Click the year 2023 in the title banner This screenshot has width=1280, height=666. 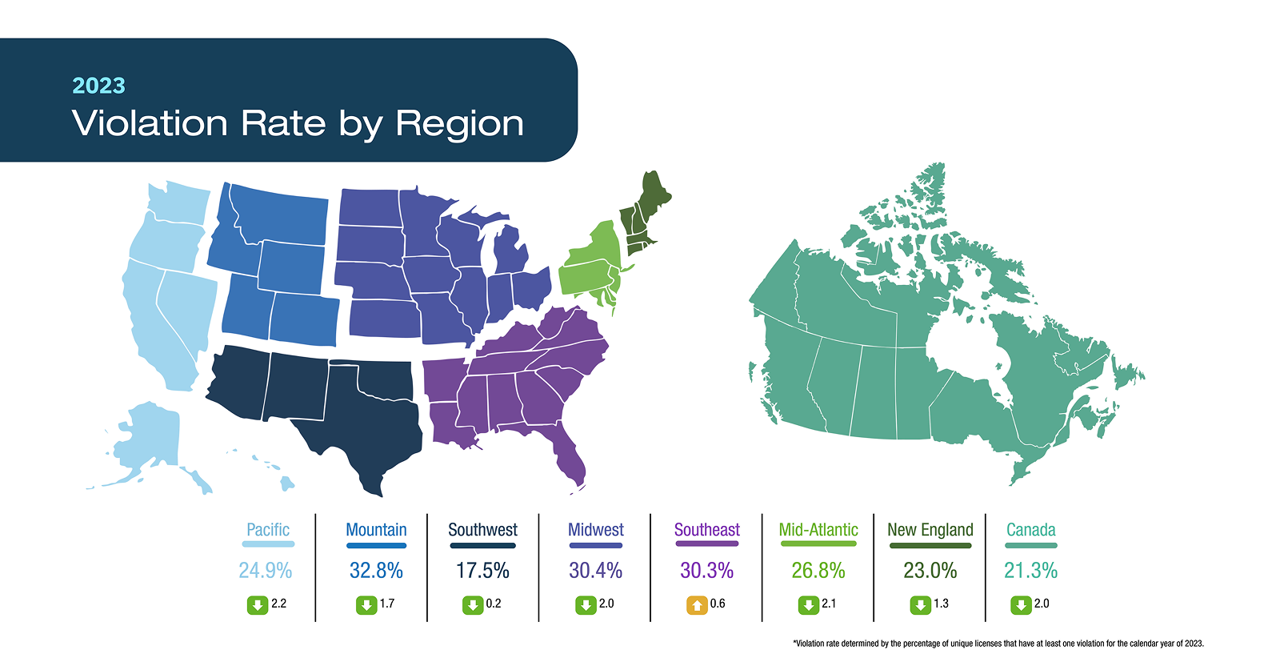[98, 86]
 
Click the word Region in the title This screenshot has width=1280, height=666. [459, 123]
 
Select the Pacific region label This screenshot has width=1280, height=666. [268, 530]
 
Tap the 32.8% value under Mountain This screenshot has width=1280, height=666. [376, 571]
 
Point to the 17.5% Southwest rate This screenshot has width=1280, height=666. [482, 571]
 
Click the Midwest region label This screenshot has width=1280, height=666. [595, 530]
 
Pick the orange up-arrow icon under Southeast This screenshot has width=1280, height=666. [697, 605]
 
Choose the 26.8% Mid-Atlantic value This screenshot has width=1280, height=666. [818, 571]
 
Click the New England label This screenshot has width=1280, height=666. [930, 530]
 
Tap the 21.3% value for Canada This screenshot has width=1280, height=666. [1030, 571]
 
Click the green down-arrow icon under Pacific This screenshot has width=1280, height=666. [257, 605]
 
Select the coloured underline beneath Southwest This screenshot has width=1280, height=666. [482, 545]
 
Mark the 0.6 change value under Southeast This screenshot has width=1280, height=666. [718, 604]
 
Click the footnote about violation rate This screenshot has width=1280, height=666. [998, 644]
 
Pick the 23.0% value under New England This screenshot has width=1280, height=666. [930, 571]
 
